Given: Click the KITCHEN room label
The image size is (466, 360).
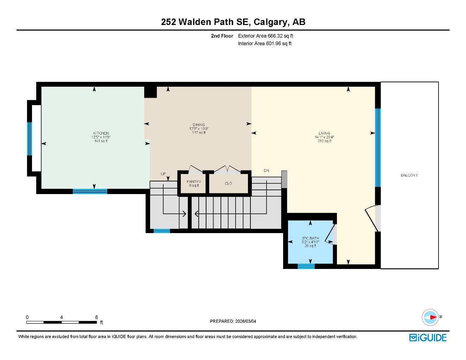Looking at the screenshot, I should [x=101, y=133].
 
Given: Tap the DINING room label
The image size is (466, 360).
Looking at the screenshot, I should [x=199, y=125].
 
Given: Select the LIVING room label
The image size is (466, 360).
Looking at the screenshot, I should [x=324, y=133].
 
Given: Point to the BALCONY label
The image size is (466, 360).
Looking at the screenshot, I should [x=409, y=175].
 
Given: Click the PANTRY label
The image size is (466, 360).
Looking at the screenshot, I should [x=194, y=182].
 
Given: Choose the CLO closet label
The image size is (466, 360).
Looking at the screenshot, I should [x=228, y=184].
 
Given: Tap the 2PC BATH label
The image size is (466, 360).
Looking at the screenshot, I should [x=310, y=238].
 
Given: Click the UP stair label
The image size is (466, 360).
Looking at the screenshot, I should [x=163, y=174].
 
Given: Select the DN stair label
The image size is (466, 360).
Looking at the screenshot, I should [x=267, y=171].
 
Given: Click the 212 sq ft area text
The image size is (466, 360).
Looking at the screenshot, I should [x=324, y=141].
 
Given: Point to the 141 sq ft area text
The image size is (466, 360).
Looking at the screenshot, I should [x=101, y=141].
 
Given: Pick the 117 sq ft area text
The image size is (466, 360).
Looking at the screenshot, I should [x=199, y=133].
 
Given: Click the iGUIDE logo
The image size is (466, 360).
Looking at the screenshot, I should [x=428, y=337].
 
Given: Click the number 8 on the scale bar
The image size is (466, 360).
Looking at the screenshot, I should [x=96, y=317].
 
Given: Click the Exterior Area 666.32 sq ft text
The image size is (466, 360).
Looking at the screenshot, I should [x=266, y=36].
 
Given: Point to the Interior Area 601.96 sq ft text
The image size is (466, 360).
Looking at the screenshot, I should [x=265, y=44].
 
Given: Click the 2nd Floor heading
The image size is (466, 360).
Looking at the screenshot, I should [x=222, y=36].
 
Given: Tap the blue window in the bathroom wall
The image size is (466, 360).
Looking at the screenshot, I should [x=306, y=266].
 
